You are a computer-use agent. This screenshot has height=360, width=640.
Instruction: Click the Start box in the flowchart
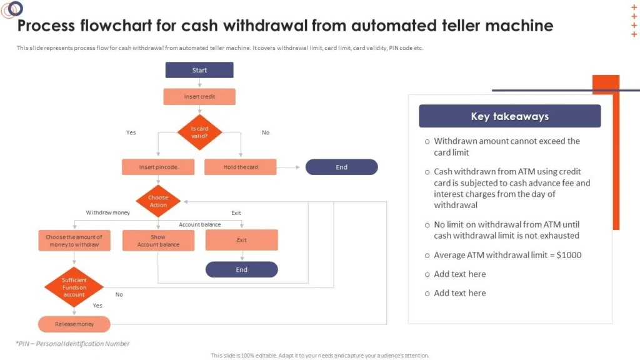click(x=199, y=70)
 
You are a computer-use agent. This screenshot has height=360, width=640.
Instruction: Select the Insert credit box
click(x=199, y=97)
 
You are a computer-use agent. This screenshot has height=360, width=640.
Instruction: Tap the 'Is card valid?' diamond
click(x=199, y=132)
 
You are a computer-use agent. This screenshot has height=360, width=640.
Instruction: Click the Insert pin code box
click(x=158, y=167)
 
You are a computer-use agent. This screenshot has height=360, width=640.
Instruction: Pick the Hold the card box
click(x=241, y=167)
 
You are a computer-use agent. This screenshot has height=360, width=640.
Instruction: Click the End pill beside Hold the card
click(x=341, y=167)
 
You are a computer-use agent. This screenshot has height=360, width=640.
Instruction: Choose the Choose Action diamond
click(x=158, y=201)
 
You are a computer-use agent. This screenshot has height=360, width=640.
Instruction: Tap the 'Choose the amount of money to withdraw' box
click(x=74, y=241)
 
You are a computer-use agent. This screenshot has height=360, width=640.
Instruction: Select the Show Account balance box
click(x=158, y=241)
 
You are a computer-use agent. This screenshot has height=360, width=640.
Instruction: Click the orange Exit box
click(x=242, y=240)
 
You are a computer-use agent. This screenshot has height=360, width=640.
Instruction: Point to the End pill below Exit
click(x=242, y=269)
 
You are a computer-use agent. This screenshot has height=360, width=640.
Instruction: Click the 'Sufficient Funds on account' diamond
click(x=74, y=287)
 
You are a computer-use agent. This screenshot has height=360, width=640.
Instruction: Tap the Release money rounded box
click(x=74, y=324)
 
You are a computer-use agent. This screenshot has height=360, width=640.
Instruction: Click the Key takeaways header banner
click(x=509, y=116)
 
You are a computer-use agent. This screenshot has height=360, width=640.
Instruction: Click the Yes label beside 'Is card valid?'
click(x=131, y=132)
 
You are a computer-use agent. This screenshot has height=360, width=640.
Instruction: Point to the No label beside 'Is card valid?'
click(x=266, y=132)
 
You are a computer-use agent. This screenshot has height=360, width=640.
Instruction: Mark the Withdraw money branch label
click(x=108, y=212)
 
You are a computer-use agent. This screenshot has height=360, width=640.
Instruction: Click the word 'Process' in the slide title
click(x=46, y=26)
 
